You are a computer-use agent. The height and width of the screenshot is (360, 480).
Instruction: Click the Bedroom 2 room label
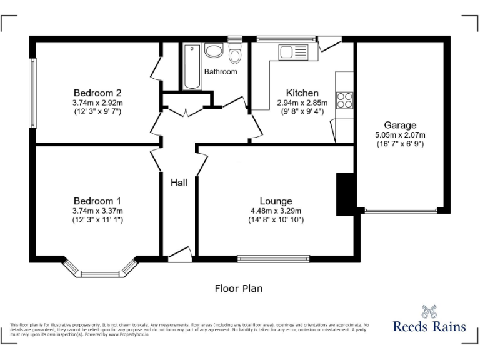click(97, 93)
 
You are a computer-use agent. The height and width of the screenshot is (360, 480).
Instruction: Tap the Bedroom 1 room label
click(97, 201)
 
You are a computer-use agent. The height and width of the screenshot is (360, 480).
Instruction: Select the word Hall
click(179, 182)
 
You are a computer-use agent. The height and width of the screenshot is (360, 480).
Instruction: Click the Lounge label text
click(276, 201)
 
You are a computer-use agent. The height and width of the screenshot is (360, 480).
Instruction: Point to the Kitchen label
click(302, 93)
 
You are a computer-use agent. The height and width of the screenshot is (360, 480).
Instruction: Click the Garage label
click(400, 125)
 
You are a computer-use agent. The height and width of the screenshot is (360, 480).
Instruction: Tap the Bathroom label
click(221, 72)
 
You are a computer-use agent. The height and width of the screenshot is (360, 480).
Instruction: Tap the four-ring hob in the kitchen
click(344, 100)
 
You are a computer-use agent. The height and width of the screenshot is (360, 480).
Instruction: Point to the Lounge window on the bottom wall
click(274, 258)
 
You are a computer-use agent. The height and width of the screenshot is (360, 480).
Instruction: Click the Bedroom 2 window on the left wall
click(32, 93)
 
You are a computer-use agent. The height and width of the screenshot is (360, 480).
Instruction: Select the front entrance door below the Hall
click(179, 254)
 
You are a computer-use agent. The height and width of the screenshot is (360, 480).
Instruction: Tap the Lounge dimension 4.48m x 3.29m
click(276, 211)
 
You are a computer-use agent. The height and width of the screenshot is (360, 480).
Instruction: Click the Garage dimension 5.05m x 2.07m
click(400, 134)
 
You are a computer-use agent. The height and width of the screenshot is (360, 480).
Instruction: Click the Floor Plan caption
click(239, 289)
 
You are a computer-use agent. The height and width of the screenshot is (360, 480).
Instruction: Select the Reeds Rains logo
click(428, 319)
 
